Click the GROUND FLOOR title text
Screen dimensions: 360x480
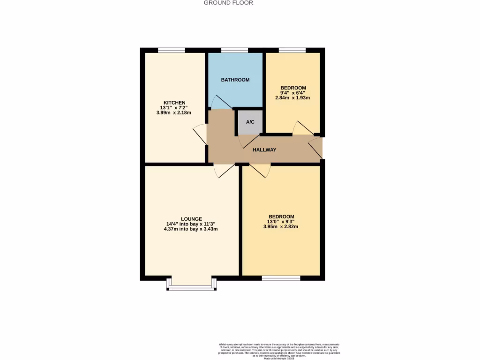[x=228, y=3]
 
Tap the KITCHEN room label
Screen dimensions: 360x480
[x=174, y=103]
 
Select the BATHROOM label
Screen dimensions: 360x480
[x=235, y=80]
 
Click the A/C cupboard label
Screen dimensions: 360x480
[x=250, y=122]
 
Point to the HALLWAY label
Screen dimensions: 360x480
[x=264, y=150]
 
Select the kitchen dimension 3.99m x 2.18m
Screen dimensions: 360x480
[x=174, y=113]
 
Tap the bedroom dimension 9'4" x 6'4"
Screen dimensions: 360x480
[x=293, y=93]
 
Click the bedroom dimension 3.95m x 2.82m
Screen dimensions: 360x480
[x=281, y=226]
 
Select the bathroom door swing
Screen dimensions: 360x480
[x=219, y=102]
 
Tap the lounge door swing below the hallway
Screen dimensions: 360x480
[x=223, y=171]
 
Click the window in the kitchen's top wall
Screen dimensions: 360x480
[x=171, y=50]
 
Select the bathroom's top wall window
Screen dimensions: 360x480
[x=234, y=50]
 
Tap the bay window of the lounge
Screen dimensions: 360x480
[x=191, y=285]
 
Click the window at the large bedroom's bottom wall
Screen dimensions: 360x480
[x=281, y=278]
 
